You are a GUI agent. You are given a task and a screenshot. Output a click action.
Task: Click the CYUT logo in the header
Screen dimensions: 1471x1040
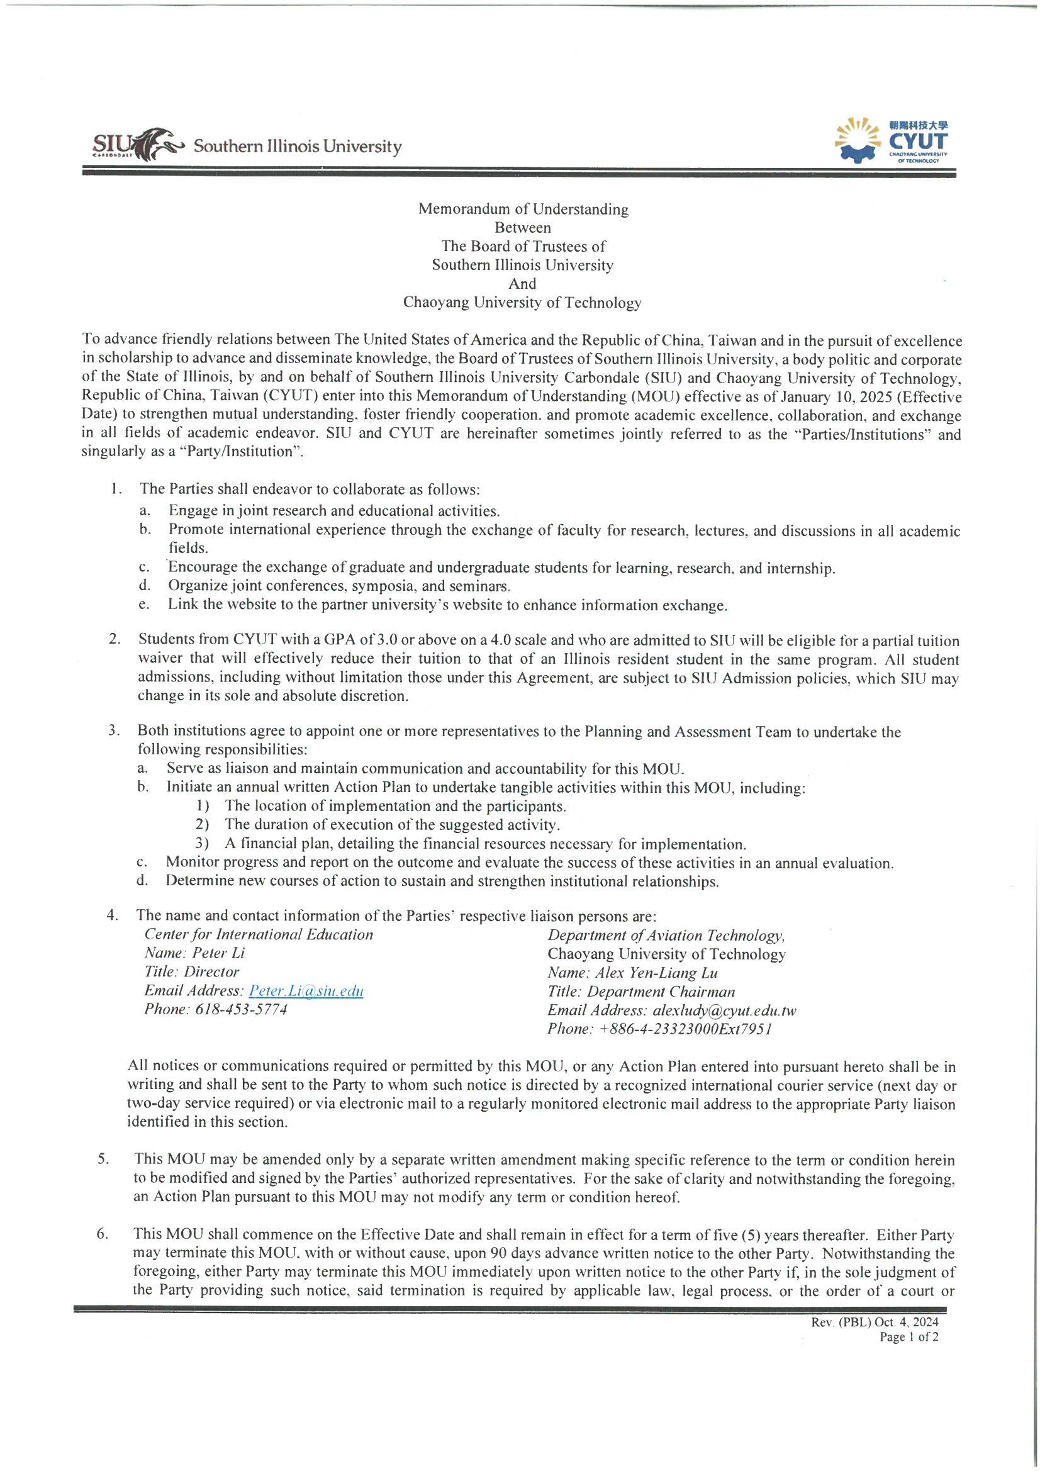tap(893, 142)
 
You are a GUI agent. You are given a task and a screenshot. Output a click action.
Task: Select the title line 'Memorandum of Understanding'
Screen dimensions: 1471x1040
tap(523, 209)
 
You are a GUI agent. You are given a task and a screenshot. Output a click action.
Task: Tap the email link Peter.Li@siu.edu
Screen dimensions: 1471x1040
tap(306, 990)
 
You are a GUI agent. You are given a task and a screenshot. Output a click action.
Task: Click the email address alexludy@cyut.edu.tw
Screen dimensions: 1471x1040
tap(724, 1010)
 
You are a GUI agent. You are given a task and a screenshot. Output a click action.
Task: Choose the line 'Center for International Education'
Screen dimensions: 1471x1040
tap(259, 935)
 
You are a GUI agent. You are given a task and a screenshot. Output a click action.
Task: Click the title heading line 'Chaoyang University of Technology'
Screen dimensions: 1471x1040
tap(522, 303)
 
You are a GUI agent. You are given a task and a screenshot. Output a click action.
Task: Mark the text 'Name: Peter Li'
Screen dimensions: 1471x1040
tap(195, 953)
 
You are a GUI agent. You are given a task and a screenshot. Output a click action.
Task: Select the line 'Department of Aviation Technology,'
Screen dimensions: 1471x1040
tap(666, 936)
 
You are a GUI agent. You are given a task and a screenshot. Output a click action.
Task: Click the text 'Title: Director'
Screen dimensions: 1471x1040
tap(192, 972)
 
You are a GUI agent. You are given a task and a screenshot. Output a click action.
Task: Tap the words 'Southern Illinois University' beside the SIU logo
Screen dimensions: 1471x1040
tap(298, 147)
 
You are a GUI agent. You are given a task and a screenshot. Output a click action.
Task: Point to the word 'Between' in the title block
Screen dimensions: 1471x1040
tap(522, 227)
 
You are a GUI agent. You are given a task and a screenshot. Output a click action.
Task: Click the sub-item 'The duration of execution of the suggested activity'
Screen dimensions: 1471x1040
tap(391, 825)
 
